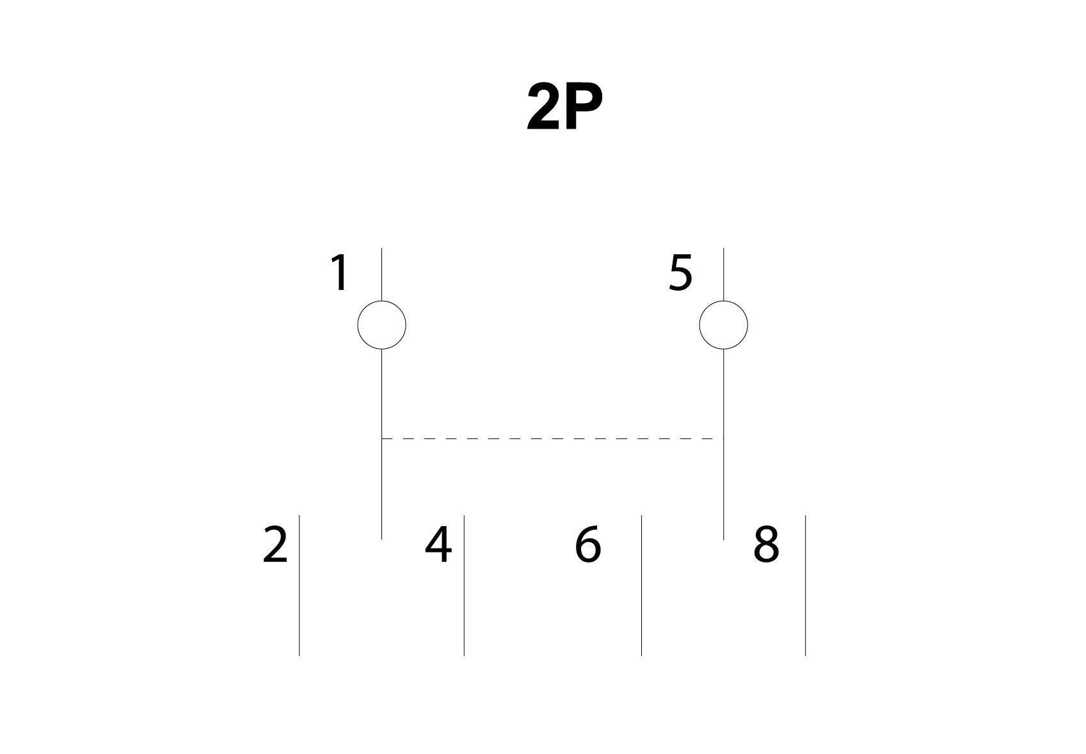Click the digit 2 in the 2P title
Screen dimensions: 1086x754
(543, 107)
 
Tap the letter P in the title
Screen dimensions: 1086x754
(584, 107)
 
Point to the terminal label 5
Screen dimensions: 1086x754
(680, 273)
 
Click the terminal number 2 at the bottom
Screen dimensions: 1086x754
(275, 545)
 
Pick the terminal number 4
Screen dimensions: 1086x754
(438, 545)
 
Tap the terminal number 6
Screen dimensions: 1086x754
(587, 545)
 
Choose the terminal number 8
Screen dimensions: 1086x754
(766, 545)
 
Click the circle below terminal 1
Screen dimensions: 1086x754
(381, 325)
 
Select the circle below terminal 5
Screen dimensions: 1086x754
(723, 325)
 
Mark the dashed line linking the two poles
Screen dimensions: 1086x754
(552, 439)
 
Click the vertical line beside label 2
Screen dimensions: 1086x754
(299, 585)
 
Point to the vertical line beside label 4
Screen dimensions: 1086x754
(464, 585)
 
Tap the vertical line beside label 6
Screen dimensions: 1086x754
(641, 585)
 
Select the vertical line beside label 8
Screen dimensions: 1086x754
(805, 585)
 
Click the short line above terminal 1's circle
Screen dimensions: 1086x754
(381, 275)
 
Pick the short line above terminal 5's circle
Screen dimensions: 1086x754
(723, 275)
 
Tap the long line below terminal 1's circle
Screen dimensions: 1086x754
(381, 444)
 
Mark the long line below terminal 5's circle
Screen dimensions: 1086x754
(723, 444)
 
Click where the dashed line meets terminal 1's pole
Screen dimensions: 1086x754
(381, 439)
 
